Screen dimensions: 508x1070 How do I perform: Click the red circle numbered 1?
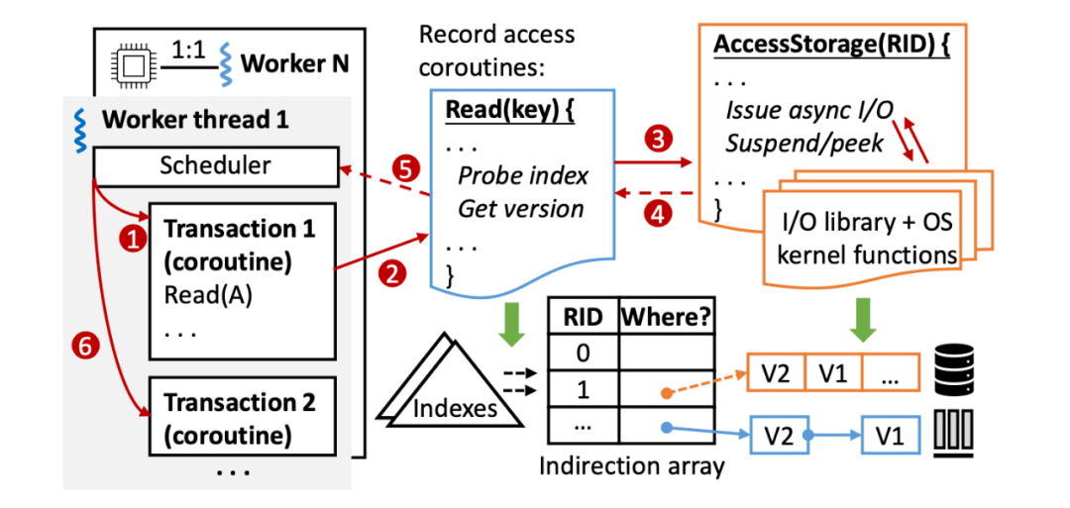pos(128,238)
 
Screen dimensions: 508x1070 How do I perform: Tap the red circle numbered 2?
pos(393,274)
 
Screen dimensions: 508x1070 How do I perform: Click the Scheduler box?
pos(215,164)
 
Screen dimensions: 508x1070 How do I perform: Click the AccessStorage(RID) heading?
pos(832,48)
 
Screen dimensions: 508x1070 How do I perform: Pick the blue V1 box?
pos(889,436)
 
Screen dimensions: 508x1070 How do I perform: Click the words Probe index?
pos(522,176)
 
